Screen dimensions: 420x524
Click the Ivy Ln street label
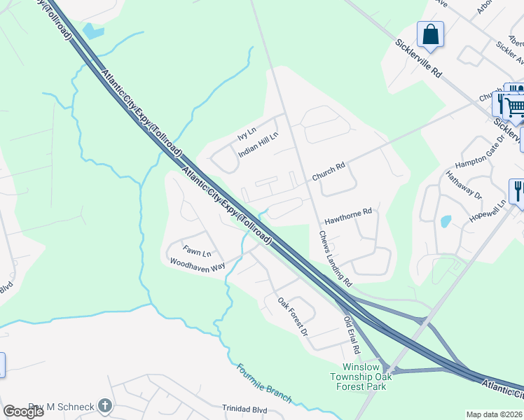click(x=247, y=131)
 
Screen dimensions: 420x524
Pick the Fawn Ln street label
click(x=197, y=252)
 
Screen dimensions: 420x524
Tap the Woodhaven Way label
click(x=198, y=264)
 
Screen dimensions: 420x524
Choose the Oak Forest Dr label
click(x=293, y=317)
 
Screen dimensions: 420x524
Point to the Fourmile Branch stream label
click(x=264, y=382)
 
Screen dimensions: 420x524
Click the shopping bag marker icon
click(x=430, y=34)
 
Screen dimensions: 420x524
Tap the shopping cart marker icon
click(x=515, y=106)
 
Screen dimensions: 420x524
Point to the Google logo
click(x=23, y=412)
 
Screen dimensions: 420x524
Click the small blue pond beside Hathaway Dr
click(x=445, y=222)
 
